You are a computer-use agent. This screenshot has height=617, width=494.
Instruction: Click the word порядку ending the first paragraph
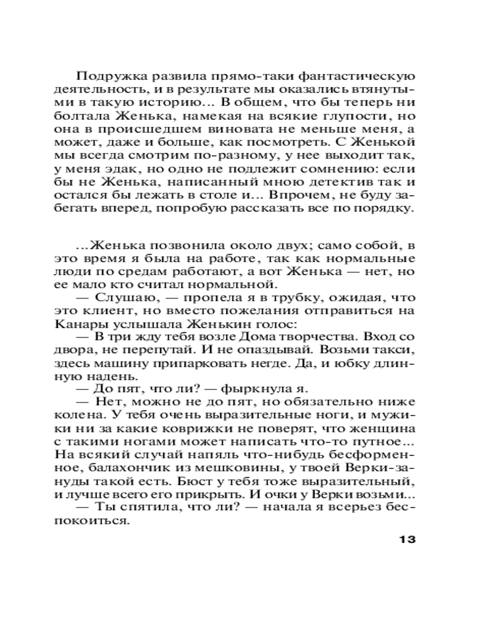[385, 208]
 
